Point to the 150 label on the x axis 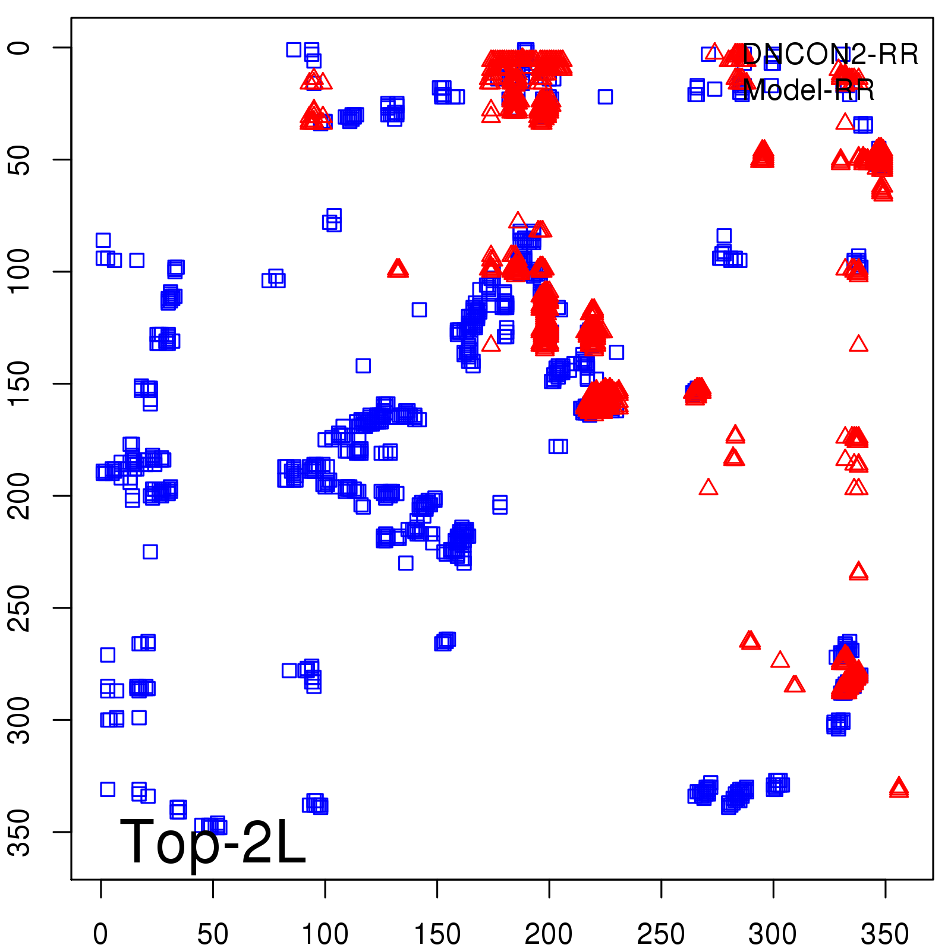(x=437, y=934)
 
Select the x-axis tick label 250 (x=661, y=934)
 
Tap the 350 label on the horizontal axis (x=885, y=934)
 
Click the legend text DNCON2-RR (x=830, y=55)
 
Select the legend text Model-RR (x=808, y=90)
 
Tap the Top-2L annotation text (x=213, y=842)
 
